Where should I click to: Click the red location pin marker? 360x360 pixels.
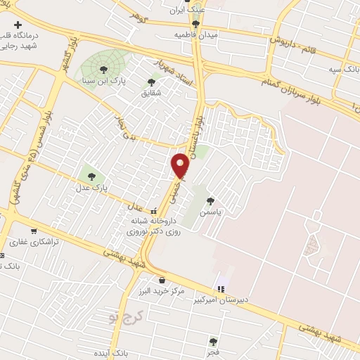click(181, 165)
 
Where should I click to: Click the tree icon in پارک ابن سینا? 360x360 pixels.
click(104, 69)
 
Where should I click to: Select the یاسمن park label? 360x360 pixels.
click(210, 212)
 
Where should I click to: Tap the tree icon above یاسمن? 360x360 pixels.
click(210, 201)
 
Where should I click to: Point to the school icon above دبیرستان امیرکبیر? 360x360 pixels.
click(221, 288)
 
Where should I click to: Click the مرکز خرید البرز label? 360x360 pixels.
click(162, 290)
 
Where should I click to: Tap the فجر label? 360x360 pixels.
click(212, 351)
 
